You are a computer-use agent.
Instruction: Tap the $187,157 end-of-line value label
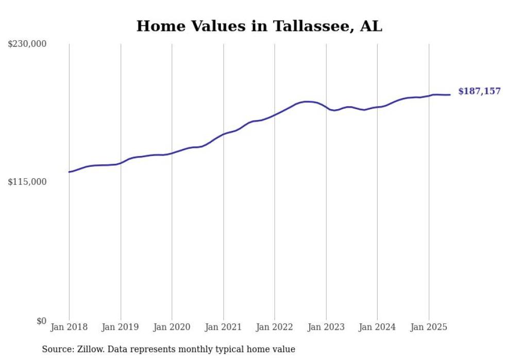click(479, 91)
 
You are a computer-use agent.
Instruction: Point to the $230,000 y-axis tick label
click(27, 44)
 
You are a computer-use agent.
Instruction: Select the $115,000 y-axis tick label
click(27, 182)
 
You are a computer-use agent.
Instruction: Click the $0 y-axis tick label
click(41, 321)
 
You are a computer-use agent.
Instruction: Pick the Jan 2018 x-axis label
click(69, 327)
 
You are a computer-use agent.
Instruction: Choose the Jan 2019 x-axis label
click(121, 327)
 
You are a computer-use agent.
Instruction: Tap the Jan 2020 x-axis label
click(172, 327)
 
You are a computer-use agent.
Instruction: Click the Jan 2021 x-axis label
click(223, 327)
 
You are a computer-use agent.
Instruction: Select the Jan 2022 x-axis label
click(275, 327)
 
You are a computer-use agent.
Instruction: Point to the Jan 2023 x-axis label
click(326, 327)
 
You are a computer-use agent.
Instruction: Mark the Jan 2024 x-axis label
click(377, 327)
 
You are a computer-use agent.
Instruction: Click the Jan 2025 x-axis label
click(429, 327)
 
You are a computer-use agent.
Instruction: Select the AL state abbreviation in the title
click(371, 26)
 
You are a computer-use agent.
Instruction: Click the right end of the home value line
click(450, 95)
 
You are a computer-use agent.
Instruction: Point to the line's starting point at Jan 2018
click(69, 172)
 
